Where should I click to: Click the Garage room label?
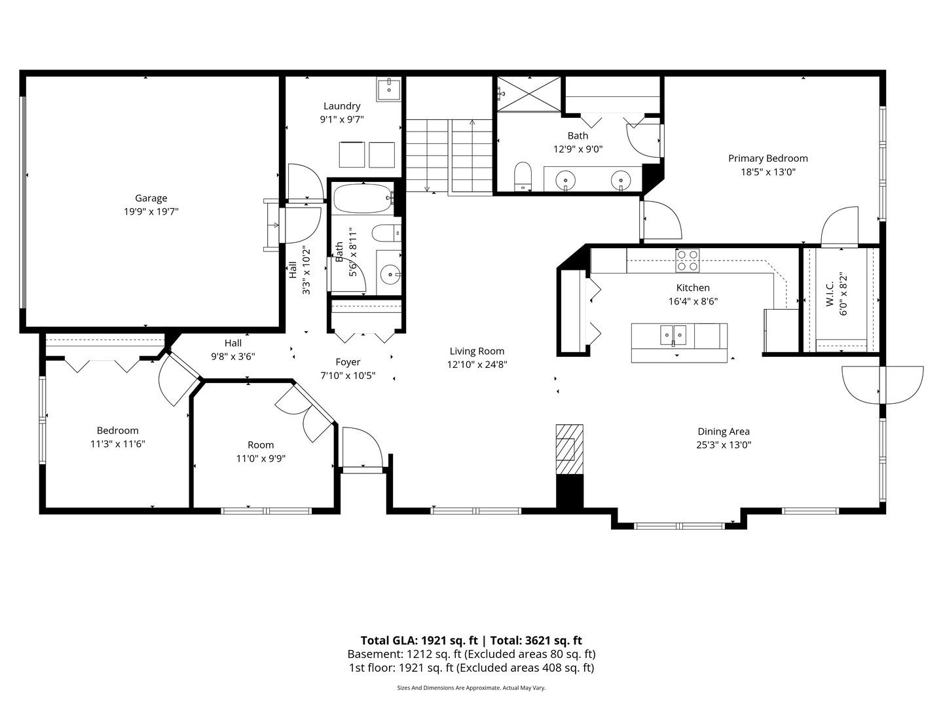tap(151, 198)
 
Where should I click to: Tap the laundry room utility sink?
tap(389, 89)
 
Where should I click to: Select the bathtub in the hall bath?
tap(363, 198)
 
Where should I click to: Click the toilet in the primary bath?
tap(523, 176)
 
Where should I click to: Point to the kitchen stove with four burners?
tap(688, 261)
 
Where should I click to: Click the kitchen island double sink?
tap(673, 335)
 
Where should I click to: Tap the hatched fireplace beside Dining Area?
tap(570, 449)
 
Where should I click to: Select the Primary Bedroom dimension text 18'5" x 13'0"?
tap(768, 172)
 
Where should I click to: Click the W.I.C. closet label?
tap(830, 294)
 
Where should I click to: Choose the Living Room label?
tap(477, 351)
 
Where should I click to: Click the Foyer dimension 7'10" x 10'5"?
tap(348, 376)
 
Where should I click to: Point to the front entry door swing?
tap(363, 447)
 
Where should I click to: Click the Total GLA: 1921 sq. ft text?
tap(419, 640)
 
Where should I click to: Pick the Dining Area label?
tap(724, 431)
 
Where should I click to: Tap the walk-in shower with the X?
tap(529, 94)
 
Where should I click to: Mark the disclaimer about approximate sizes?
tap(471, 687)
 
